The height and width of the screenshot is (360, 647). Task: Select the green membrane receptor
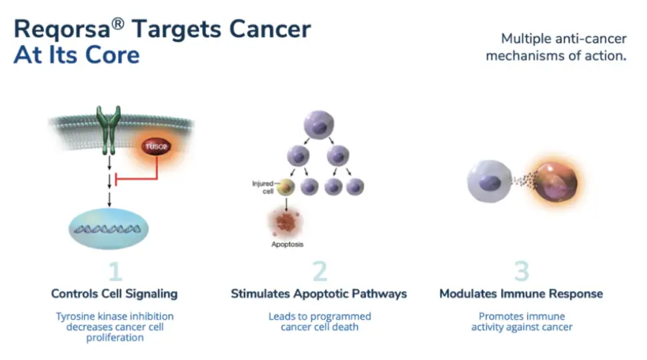coord(110,129)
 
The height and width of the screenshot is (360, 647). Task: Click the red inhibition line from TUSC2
coord(137,175)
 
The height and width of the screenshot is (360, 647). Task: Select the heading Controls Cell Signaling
coord(114,294)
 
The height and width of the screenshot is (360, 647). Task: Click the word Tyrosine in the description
coord(78,316)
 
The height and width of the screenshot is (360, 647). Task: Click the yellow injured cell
coord(286,187)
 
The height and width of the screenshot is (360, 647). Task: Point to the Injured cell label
coord(262,187)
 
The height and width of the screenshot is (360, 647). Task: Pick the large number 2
coord(320,271)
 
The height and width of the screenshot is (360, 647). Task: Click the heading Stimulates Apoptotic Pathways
coord(319,294)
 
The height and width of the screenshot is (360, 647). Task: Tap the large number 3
coord(521,271)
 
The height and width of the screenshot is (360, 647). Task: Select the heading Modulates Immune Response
coord(521,294)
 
